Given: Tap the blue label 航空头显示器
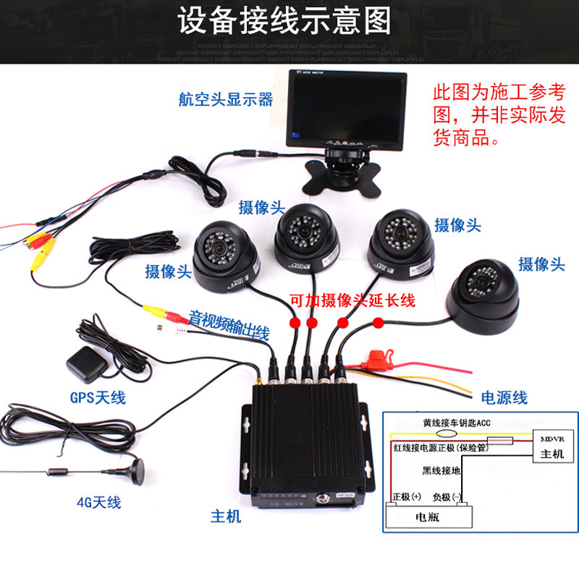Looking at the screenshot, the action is coord(226,99).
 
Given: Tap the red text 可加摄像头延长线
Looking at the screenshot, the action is coord(352,300).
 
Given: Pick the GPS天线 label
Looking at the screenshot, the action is coord(98,397).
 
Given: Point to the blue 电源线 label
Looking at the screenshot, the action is coord(504,397).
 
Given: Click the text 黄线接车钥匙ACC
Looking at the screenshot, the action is coord(456,422).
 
